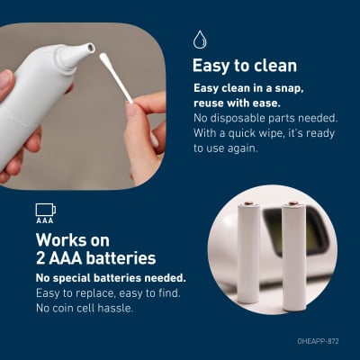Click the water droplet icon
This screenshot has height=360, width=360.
200,40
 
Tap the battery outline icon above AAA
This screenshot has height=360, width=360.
46,210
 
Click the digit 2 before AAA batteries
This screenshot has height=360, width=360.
40,258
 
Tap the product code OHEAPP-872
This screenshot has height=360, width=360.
318,341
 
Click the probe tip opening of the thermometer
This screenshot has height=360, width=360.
90,47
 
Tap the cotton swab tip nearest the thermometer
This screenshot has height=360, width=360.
103,58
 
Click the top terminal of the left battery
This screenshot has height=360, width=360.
247,203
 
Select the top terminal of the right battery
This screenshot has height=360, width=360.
292,203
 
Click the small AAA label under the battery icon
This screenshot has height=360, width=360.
45,220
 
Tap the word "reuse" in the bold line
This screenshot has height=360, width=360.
209,103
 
